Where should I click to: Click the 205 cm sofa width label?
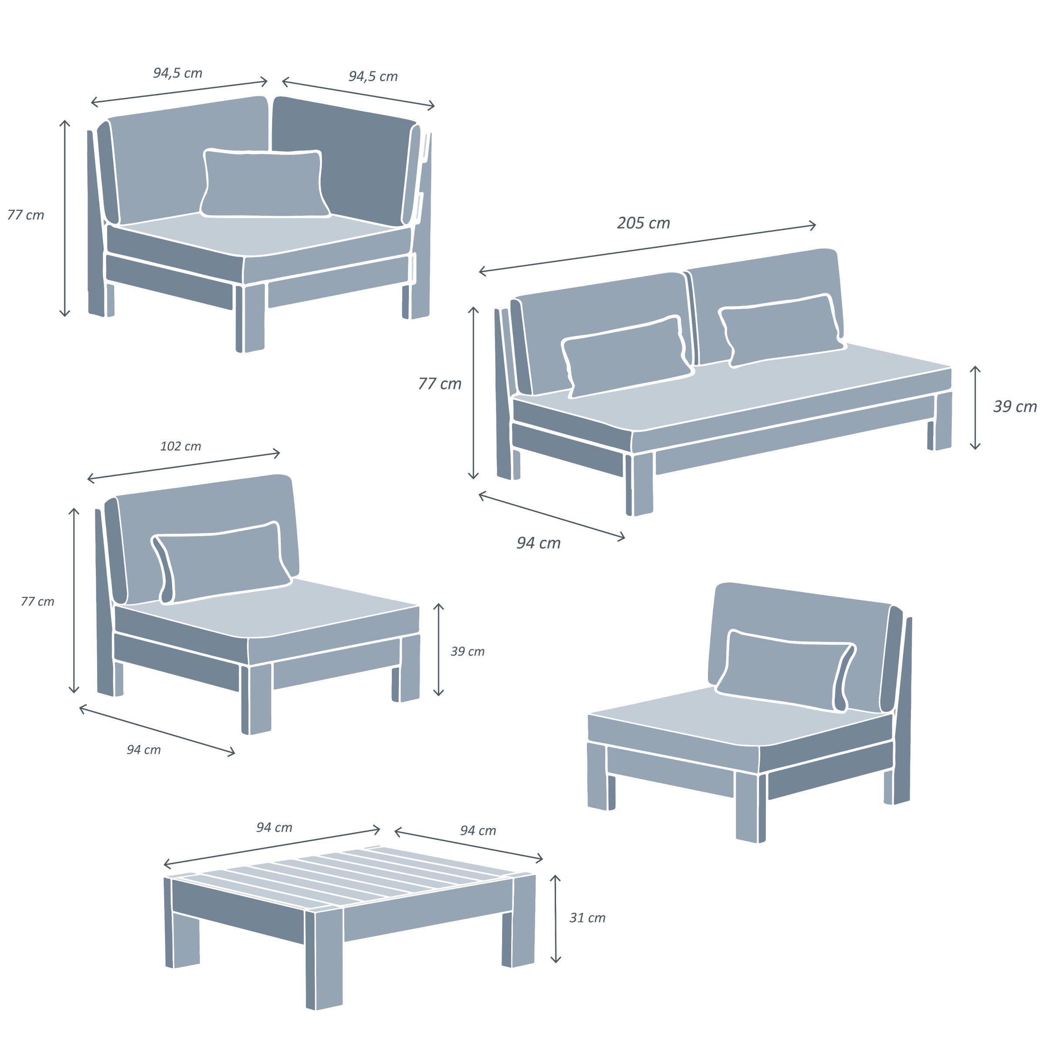643,223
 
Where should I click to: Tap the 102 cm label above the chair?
181,446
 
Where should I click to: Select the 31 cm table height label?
587,918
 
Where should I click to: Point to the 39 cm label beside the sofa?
1015,406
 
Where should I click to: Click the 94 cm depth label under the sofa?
538,543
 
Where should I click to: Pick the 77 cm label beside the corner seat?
25,215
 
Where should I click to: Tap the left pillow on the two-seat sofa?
627,357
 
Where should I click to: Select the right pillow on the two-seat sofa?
781,330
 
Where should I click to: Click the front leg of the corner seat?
250,317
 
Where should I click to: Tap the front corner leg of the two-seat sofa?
639,483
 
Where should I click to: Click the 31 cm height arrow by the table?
556,918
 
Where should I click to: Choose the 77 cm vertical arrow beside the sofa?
473,393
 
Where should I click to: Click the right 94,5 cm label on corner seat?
373,76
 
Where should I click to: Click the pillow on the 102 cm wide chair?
222,563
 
